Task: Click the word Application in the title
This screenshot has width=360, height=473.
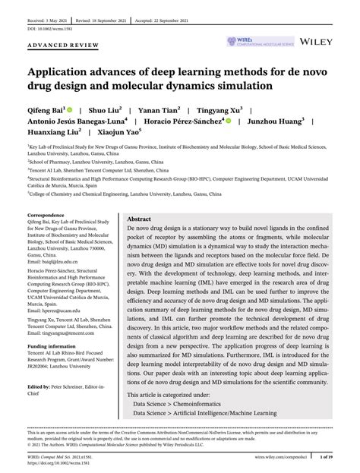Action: point(65,72)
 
